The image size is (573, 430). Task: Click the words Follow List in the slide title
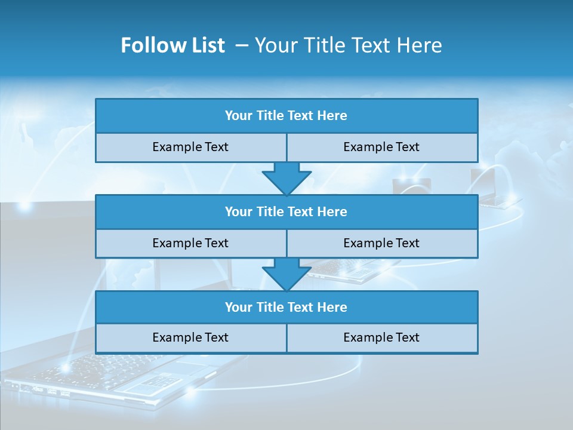coord(173,45)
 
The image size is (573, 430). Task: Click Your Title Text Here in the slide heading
coord(348,45)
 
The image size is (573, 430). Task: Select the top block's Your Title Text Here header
coord(286,116)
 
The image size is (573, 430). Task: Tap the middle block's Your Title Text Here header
coord(286,211)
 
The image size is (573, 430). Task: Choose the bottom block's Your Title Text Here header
coord(286,307)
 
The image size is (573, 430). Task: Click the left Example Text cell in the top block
coord(190,147)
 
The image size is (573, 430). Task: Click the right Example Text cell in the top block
coord(381,147)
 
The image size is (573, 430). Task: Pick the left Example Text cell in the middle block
coord(190,243)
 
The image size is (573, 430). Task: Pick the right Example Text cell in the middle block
coord(381,243)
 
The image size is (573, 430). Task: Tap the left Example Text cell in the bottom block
coord(190,337)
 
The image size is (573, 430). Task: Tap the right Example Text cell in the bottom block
coord(381,337)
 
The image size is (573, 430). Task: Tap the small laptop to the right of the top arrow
coord(412,185)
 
